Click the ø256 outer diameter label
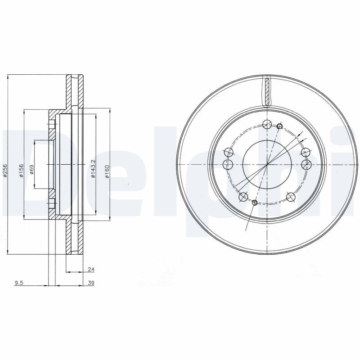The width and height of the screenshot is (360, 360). tap(4, 171)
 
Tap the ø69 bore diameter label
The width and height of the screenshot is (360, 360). tap(32, 170)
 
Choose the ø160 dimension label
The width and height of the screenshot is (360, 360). tap(107, 171)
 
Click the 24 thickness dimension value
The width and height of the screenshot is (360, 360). tap(90, 270)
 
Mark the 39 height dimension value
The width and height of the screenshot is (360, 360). tap(91, 283)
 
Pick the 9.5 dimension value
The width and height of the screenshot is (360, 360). tap(18, 283)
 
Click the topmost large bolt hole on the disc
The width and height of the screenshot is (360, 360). tap(266, 125)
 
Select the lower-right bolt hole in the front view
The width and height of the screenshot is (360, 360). tap(291, 196)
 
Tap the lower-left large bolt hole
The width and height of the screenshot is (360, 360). tap(243, 196)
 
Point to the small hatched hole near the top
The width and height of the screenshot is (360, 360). tap(279, 126)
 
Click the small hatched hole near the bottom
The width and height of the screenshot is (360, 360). tap(255, 203)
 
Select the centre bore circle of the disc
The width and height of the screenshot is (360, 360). tap(267, 164)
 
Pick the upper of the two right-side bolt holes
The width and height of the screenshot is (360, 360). tap(306, 152)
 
